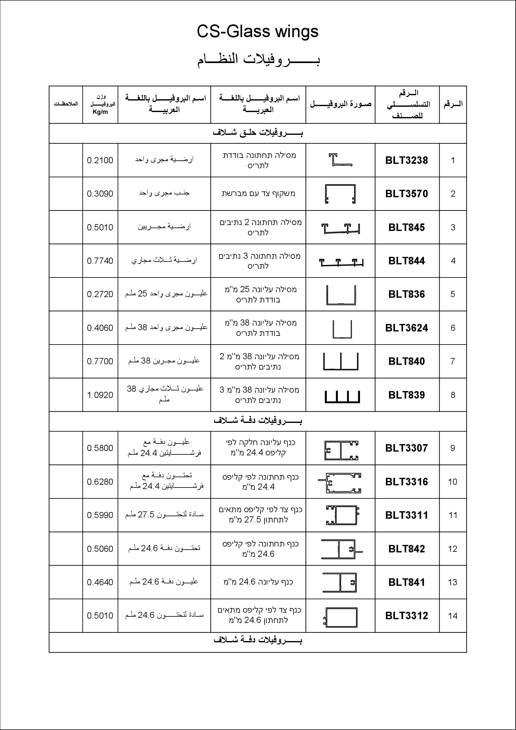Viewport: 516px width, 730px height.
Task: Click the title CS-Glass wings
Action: [x=257, y=32]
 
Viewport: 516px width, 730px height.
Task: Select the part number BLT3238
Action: [x=406, y=160]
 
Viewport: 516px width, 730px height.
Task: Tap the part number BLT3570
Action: [x=406, y=194]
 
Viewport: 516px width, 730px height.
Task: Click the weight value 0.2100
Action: [x=100, y=160]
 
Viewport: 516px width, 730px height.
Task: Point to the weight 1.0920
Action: [x=100, y=395]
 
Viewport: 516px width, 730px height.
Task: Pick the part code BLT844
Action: [x=406, y=261]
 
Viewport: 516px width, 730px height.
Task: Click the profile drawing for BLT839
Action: [x=342, y=396]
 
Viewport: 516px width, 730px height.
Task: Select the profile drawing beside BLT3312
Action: [x=341, y=617]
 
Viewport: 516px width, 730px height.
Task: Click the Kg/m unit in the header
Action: [x=100, y=112]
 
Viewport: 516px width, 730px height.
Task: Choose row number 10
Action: [x=452, y=482]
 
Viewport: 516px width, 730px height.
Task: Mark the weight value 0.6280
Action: [x=100, y=482]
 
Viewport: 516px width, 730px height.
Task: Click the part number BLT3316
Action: [x=406, y=482]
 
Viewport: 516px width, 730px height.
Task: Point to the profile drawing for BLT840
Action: [x=341, y=361]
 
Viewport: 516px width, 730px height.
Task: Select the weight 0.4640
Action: [x=100, y=582]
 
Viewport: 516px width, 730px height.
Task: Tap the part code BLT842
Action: [x=406, y=549]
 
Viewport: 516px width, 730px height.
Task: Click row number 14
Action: [x=452, y=616]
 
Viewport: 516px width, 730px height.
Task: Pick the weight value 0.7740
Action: [x=100, y=261]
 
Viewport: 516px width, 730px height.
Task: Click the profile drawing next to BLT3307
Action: [x=341, y=450]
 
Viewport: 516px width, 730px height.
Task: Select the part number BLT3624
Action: [x=406, y=328]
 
